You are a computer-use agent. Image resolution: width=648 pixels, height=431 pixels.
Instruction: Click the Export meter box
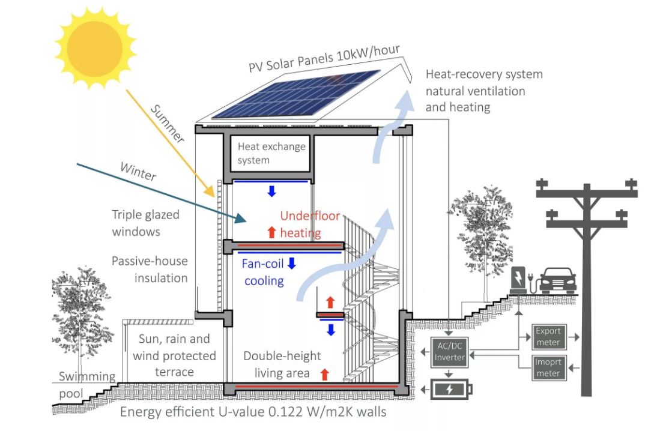click(x=548, y=337)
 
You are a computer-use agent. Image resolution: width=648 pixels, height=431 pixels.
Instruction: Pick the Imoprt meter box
click(x=548, y=367)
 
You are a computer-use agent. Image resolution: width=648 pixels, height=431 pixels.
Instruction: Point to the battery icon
click(x=452, y=390)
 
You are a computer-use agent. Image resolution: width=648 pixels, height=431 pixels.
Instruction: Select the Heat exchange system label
click(x=271, y=153)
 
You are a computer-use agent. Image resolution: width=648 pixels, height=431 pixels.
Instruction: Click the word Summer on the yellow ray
click(x=166, y=123)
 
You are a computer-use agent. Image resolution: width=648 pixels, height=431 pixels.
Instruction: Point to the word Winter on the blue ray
click(x=138, y=172)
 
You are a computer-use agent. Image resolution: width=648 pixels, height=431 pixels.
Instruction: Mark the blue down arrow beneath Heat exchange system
click(x=271, y=191)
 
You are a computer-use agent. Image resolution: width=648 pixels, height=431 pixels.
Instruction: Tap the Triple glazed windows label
click(x=145, y=223)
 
